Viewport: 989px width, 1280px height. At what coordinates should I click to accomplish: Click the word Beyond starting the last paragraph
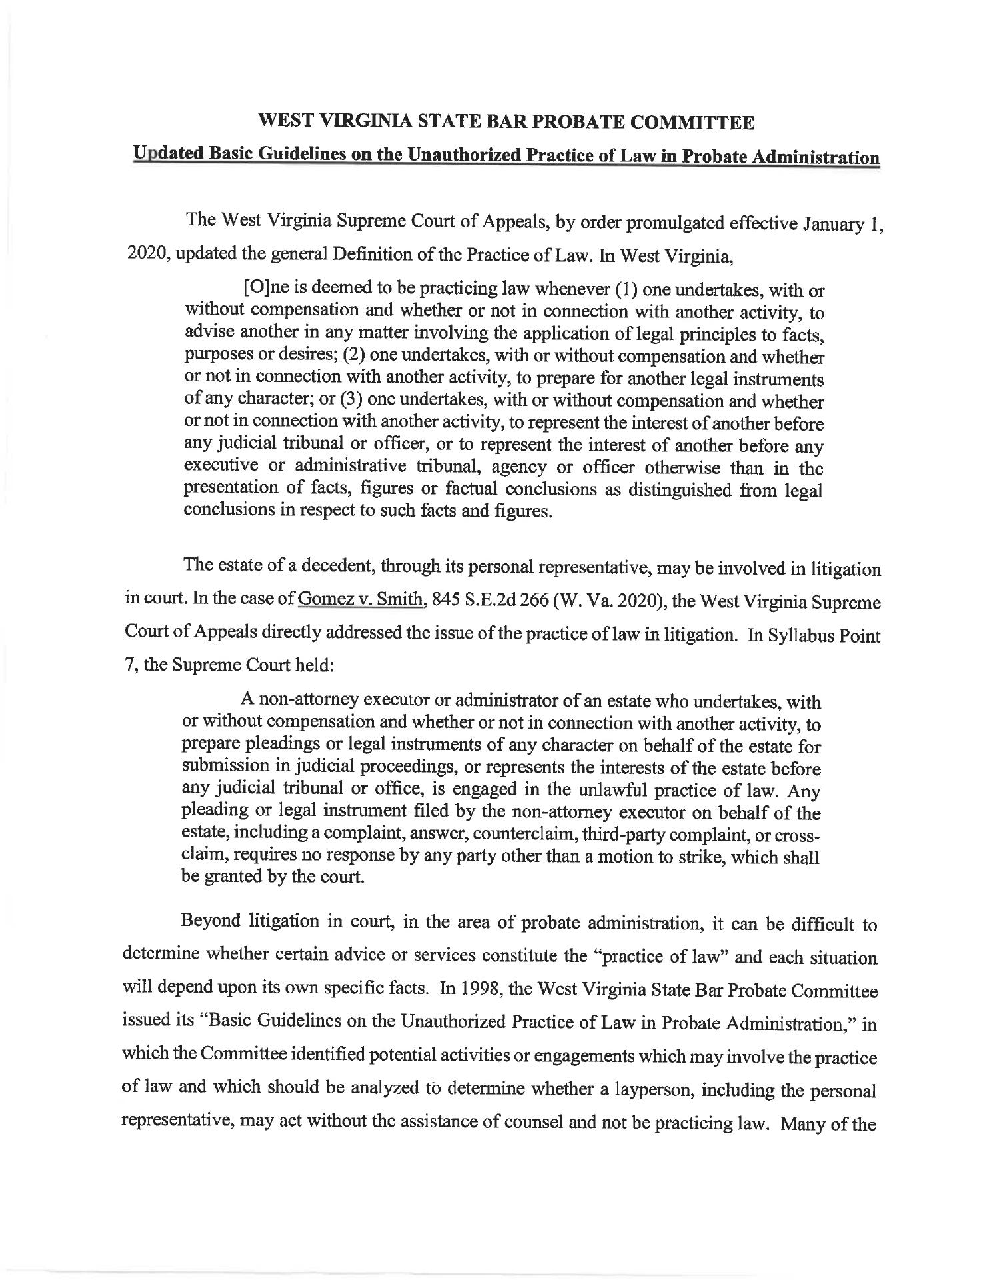point(211,923)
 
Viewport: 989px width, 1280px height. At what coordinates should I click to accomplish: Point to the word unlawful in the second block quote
point(593,791)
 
